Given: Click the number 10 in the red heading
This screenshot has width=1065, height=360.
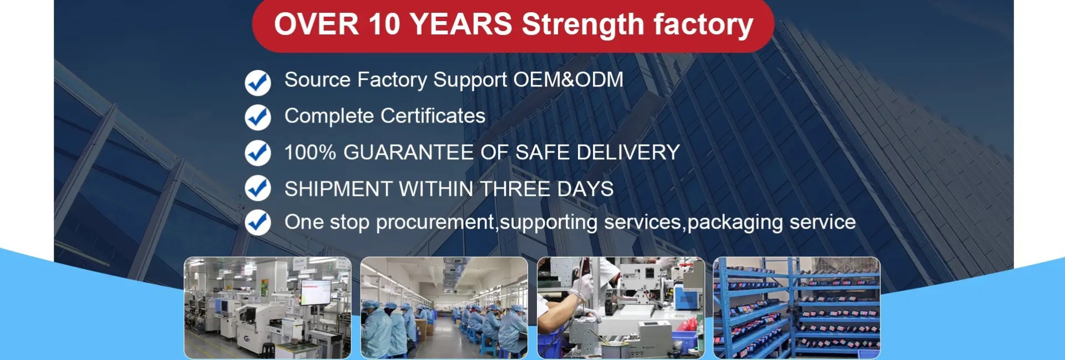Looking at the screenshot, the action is point(384,25).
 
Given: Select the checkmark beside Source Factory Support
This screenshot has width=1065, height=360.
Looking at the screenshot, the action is point(258,83).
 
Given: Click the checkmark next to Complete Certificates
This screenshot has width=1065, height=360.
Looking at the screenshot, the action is point(258,117).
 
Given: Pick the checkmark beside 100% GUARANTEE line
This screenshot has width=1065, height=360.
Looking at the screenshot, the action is point(258,153).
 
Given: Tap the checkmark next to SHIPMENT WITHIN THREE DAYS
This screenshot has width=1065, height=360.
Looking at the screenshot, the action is point(258,188).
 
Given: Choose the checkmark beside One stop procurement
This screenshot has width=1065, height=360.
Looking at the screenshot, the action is point(258,222).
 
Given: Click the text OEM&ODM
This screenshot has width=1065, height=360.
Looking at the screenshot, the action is point(568,80).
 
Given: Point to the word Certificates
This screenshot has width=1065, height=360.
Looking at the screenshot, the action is point(433,116).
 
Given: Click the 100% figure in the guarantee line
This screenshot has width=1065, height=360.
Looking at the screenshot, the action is point(310,153).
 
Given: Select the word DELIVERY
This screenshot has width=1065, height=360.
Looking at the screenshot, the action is point(628,153).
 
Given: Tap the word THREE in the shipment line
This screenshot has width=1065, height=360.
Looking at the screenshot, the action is point(515,189).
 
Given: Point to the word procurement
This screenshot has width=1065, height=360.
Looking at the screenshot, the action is point(435,223).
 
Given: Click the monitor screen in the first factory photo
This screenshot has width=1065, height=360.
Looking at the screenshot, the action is point(316,291).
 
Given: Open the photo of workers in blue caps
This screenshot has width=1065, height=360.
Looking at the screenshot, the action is point(444,308).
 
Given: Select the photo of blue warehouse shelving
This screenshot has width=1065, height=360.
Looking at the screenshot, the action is point(797,308).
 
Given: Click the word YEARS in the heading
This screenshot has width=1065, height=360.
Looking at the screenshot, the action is point(461,25).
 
